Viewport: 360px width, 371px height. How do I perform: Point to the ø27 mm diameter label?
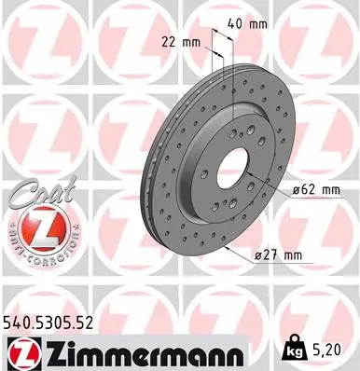pos(283,254)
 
